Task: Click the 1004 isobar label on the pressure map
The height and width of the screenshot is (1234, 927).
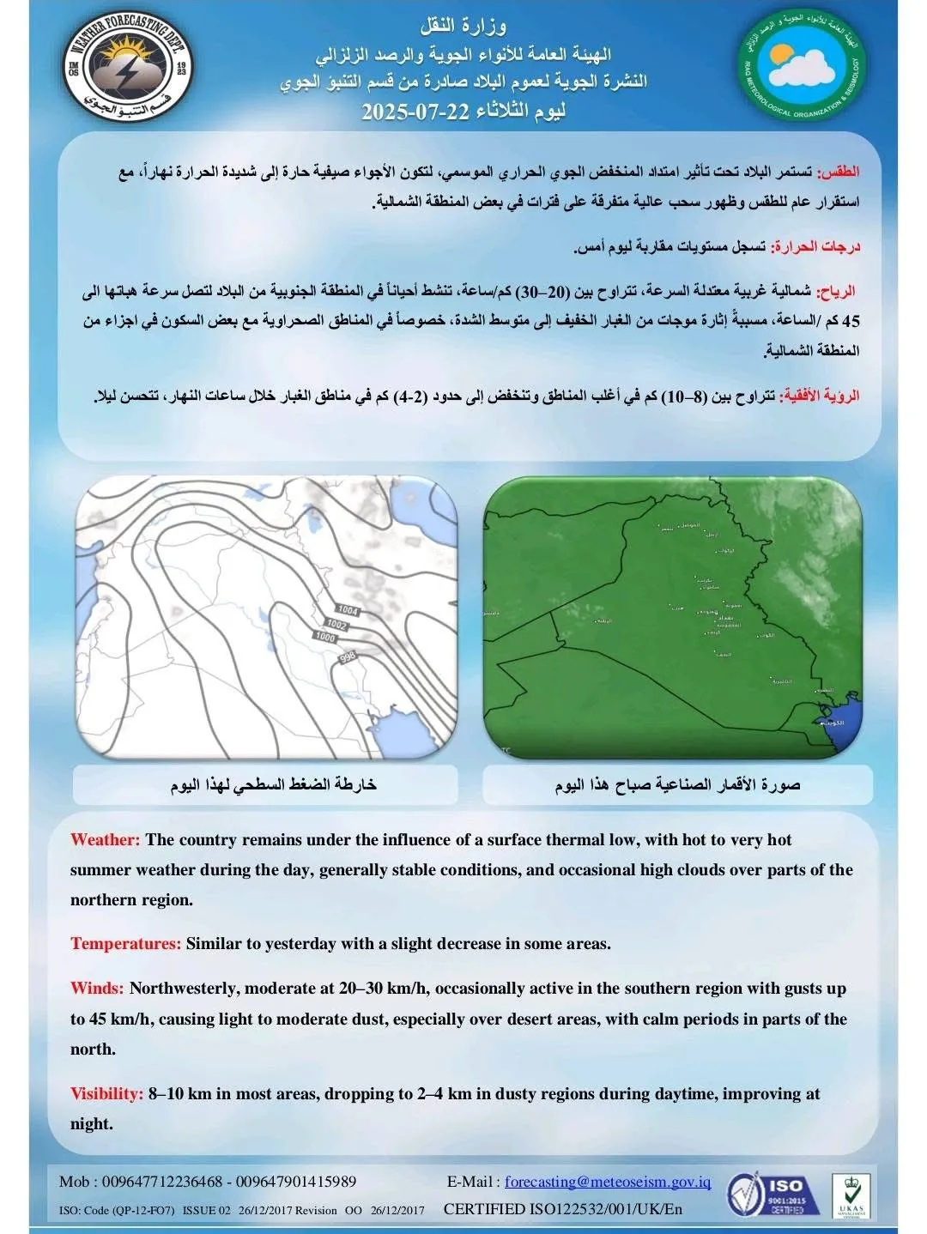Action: [x=348, y=610]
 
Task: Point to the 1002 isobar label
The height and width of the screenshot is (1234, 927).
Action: [x=336, y=625]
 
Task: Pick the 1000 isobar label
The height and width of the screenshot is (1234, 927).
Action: [x=325, y=638]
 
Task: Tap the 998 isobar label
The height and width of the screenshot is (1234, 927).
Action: [x=348, y=657]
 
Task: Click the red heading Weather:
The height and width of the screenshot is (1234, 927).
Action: [x=105, y=840]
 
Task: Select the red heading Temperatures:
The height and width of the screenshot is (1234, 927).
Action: [x=125, y=944]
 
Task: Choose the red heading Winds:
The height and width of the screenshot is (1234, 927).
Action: [x=97, y=989]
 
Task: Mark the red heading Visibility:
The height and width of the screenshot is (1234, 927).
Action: [x=106, y=1094]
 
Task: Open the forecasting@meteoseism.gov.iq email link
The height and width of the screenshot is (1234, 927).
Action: [x=608, y=1182]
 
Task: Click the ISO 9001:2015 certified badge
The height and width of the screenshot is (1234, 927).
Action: [x=766, y=1195]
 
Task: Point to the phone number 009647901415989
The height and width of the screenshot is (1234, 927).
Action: [x=294, y=1182]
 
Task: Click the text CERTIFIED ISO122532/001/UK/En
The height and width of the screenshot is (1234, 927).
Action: [x=563, y=1209]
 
